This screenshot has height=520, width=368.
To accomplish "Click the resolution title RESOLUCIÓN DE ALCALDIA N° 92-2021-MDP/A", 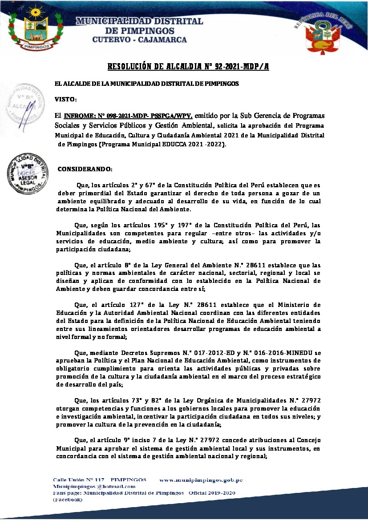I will [x=188, y=67].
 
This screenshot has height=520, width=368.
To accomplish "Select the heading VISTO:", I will [x=66, y=99].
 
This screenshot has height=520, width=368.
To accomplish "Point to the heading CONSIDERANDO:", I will [x=85, y=169].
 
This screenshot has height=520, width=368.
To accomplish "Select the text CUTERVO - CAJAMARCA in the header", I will [x=140, y=40].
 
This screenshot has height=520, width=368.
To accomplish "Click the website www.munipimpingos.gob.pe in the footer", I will [x=201, y=480].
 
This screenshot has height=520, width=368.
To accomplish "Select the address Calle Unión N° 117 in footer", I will [x=78, y=480].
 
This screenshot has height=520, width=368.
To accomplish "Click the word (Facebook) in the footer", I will [x=68, y=500].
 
